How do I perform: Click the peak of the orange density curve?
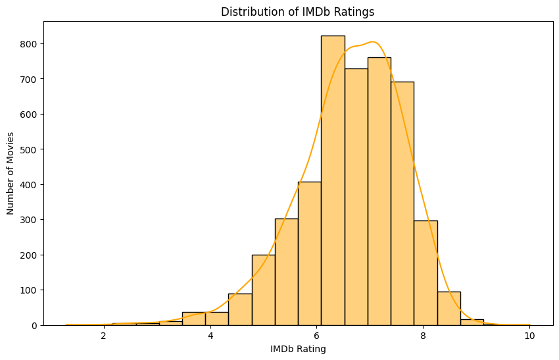(373, 42)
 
